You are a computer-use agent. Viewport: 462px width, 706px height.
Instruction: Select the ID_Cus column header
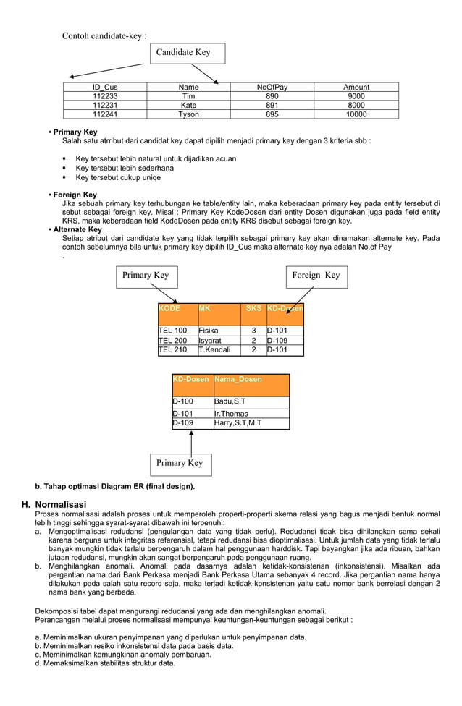coord(105,88)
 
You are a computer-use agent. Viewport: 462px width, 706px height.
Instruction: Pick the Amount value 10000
coord(356,114)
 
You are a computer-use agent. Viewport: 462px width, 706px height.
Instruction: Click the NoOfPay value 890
coord(272,96)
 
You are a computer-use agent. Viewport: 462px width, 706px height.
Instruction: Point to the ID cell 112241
coord(105,114)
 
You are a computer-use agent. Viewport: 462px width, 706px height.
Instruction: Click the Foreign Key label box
coord(315,276)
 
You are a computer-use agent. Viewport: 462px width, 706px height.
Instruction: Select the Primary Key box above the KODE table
coord(146,276)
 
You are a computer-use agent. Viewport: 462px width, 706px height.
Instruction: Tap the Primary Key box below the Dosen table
coord(180,464)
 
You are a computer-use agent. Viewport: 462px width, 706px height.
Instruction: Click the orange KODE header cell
coord(177,314)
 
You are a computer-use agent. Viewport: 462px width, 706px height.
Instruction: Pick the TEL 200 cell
coord(177,341)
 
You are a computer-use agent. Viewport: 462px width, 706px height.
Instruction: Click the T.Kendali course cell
coord(219,350)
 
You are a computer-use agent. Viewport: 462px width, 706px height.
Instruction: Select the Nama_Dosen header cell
coord(251,384)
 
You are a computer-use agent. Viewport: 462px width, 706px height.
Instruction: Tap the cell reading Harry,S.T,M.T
coord(251,424)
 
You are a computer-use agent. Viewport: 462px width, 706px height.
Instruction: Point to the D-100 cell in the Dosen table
coord(192,402)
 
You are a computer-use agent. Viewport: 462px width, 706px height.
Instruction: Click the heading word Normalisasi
coord(61,504)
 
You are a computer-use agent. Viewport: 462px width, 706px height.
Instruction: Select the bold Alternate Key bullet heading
coord(77,230)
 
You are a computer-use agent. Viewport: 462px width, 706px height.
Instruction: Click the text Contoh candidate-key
coord(104,36)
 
